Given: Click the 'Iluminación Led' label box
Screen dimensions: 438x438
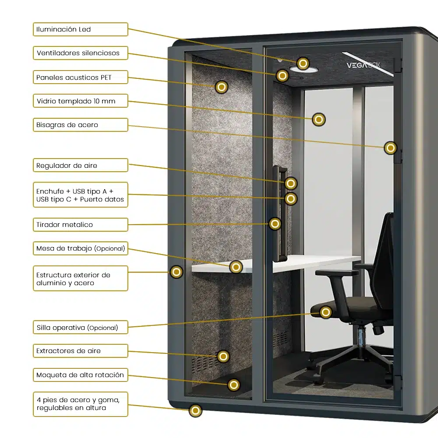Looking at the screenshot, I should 81,29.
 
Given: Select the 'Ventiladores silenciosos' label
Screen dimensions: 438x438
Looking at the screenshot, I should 81,53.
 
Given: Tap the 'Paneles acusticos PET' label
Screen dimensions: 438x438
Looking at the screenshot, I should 81,78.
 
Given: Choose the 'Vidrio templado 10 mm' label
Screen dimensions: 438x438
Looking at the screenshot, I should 81,101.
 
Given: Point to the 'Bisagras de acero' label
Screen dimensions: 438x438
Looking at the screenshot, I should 81,125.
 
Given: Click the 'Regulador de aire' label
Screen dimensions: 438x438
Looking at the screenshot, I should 81,166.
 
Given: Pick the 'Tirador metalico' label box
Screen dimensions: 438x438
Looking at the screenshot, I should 81,225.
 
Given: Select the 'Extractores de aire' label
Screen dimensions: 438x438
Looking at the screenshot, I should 81,351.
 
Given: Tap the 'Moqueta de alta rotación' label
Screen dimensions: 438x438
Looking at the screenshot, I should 81,375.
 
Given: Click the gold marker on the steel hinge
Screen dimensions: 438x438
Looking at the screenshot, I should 390,148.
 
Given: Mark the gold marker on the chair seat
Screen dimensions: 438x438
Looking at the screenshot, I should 325,312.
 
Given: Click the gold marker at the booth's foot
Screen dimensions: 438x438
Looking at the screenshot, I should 195,411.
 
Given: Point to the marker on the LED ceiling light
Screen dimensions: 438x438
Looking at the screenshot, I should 303,64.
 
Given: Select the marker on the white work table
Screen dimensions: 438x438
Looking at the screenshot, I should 236,267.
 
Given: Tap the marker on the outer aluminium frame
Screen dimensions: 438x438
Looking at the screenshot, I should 177,272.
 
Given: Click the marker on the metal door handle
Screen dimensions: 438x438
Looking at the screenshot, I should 275,224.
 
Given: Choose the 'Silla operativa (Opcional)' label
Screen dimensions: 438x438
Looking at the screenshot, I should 81,328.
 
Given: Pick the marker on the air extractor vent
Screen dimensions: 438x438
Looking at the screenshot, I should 223,357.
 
